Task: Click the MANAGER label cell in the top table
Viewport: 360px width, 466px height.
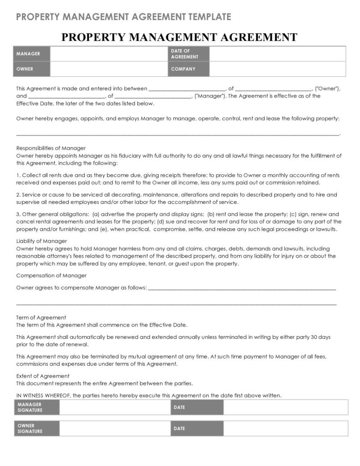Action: tap(32, 54)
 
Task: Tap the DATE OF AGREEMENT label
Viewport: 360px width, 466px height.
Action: tap(188, 54)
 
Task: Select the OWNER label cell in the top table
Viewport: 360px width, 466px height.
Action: tap(32, 69)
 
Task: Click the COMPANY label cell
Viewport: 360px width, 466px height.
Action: tap(188, 69)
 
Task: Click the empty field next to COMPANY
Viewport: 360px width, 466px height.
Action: tap(278, 69)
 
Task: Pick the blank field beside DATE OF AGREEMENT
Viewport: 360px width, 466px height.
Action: tap(278, 54)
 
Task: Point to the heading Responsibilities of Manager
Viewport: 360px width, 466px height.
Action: tap(51, 148)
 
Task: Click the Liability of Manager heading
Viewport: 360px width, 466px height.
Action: tap(41, 241)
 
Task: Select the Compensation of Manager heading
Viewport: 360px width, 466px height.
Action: tap(51, 275)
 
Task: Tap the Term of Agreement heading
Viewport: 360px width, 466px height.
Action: tap(41, 317)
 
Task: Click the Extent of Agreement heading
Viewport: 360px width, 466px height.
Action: tap(43, 376)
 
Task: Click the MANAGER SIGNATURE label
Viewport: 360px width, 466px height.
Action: tap(36, 407)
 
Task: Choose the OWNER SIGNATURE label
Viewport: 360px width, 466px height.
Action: tap(36, 429)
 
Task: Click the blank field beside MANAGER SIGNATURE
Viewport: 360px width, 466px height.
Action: tap(114, 407)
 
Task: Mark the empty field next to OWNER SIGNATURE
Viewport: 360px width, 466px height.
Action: tap(114, 429)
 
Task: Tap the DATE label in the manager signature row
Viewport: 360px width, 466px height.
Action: tap(196, 407)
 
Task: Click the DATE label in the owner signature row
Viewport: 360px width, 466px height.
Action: tap(196, 429)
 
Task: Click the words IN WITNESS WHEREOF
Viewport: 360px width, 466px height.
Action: tap(43, 395)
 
